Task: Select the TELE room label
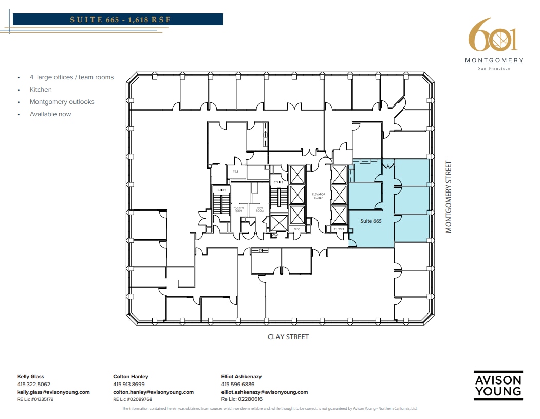tap(236, 172)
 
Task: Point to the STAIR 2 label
tap(221, 190)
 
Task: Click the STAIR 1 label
tap(277, 182)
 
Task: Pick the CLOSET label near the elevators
tap(339, 229)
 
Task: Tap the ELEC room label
tap(297, 229)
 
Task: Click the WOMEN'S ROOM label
tap(239, 209)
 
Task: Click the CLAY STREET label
tap(288, 337)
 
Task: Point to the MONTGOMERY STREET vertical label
tap(449, 197)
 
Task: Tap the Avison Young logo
tap(497, 386)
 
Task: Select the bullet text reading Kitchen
tap(41, 90)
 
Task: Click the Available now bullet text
tap(50, 114)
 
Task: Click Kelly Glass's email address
tap(53, 392)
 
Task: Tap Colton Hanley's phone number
tap(128, 384)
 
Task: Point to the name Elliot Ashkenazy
tap(241, 376)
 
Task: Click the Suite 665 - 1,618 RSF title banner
tap(118, 20)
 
